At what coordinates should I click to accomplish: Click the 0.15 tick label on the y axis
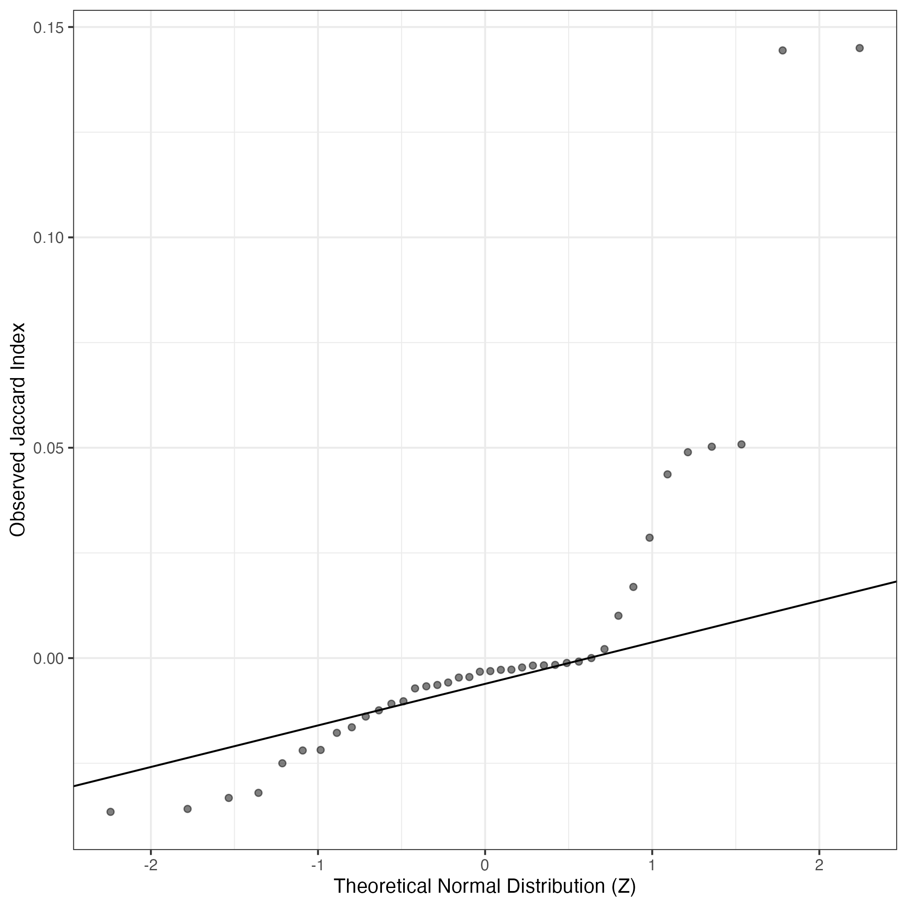48,28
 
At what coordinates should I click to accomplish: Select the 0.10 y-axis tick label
48,238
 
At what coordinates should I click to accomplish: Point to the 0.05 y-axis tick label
48,449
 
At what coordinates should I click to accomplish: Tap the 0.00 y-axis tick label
48,659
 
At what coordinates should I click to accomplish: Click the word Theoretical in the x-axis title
382,886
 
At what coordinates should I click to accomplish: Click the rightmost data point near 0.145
859,48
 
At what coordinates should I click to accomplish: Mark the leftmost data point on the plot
110,812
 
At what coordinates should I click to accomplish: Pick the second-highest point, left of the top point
783,50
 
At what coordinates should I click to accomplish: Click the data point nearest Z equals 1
649,538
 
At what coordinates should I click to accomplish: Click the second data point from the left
187,808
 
